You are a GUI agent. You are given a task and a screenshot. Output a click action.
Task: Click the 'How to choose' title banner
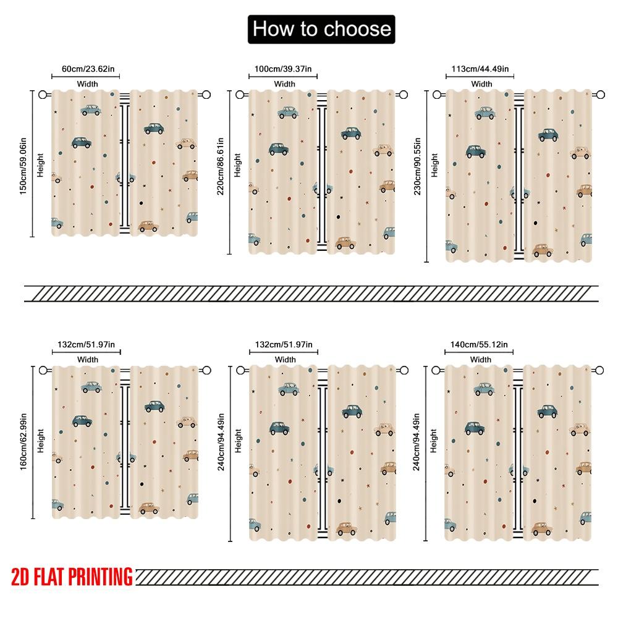321,29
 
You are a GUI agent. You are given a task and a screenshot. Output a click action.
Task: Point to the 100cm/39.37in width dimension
284,69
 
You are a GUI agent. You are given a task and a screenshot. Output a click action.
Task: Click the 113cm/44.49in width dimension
480,69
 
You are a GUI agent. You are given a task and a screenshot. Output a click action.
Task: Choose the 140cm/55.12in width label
480,344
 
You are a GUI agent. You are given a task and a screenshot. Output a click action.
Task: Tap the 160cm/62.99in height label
23,441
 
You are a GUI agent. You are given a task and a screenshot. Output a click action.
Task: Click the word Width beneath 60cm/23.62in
88,84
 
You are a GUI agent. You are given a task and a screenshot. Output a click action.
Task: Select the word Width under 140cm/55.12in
480,360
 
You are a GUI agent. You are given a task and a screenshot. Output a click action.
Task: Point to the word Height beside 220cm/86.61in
238,165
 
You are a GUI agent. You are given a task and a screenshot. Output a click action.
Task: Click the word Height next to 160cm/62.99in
40,441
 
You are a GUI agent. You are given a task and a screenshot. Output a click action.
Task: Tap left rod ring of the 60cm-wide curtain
43,95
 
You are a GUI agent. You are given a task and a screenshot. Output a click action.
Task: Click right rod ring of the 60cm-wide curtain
206,95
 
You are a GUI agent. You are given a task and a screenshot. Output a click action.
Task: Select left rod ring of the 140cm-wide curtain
437,370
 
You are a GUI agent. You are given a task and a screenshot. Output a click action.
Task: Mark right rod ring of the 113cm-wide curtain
600,95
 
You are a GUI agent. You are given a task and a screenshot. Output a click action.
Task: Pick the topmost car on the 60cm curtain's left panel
91,110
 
